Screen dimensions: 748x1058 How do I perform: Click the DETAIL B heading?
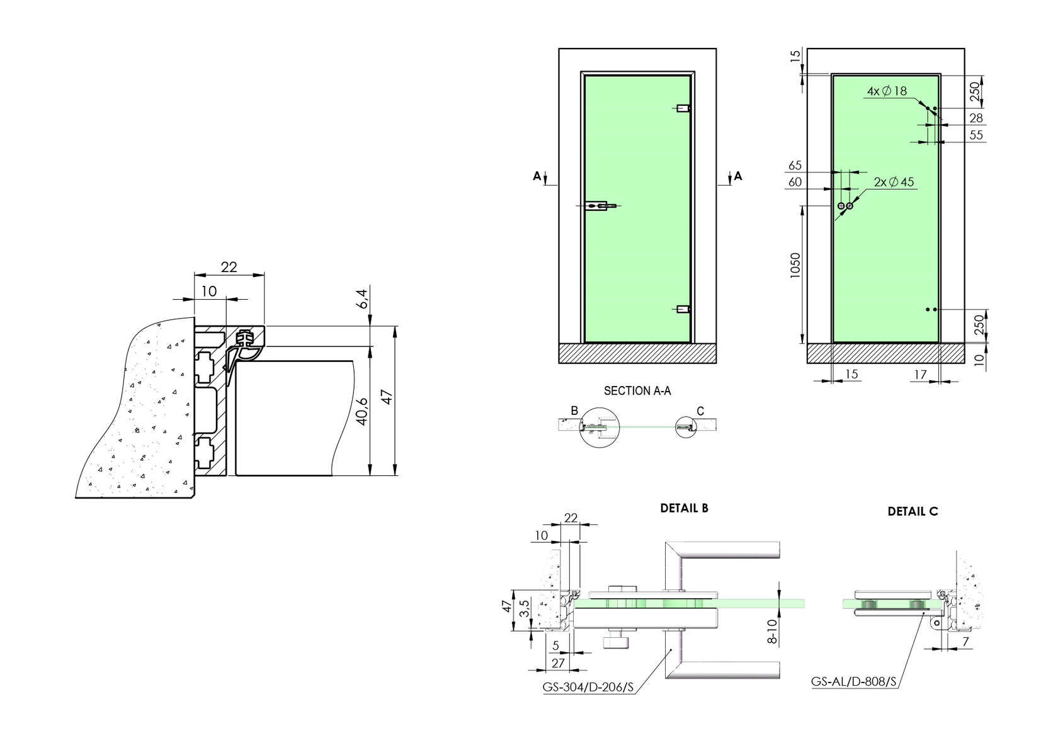coord(684,508)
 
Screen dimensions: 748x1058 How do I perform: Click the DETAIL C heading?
coord(913,512)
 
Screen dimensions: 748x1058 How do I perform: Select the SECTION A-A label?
coord(637,391)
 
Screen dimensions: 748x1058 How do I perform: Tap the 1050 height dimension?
coord(795,265)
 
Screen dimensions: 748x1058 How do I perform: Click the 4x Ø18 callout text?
coord(887,91)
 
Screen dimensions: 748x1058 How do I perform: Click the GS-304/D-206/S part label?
coord(588,687)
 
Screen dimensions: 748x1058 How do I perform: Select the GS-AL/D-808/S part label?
coord(853,681)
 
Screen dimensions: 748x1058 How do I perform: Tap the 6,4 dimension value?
coord(361,298)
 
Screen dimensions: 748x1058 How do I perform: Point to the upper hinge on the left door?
coord(683,108)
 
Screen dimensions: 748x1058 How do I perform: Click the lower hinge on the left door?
coord(683,309)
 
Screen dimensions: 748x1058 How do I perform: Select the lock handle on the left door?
coord(600,206)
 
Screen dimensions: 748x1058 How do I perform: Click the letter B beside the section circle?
coord(574,411)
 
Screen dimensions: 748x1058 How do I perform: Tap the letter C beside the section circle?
coord(700,411)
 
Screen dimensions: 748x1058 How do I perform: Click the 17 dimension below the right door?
coord(920,375)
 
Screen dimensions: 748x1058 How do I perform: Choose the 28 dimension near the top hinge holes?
coord(976,118)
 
